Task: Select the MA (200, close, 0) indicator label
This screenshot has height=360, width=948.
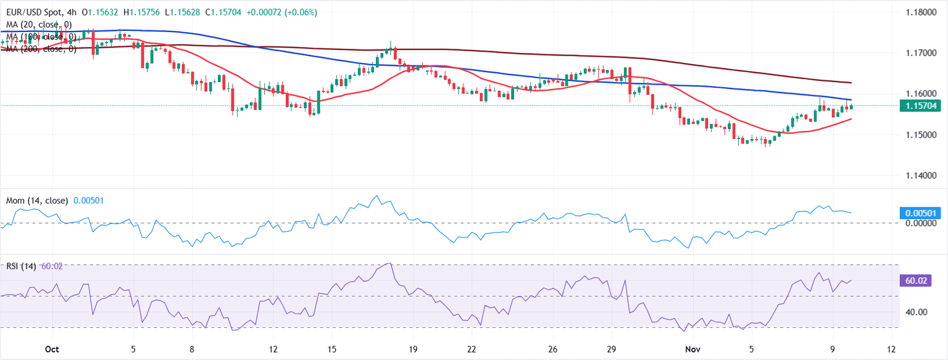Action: [38, 49]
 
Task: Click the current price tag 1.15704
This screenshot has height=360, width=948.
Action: [918, 106]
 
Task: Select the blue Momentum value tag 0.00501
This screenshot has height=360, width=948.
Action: [918, 213]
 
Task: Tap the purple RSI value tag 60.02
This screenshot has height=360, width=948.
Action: [913, 280]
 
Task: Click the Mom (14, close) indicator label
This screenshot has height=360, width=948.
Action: [36, 201]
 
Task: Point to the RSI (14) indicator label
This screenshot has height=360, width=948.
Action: [22, 266]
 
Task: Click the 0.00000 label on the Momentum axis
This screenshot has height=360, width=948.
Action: [918, 223]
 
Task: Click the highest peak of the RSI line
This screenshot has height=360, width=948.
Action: [388, 264]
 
